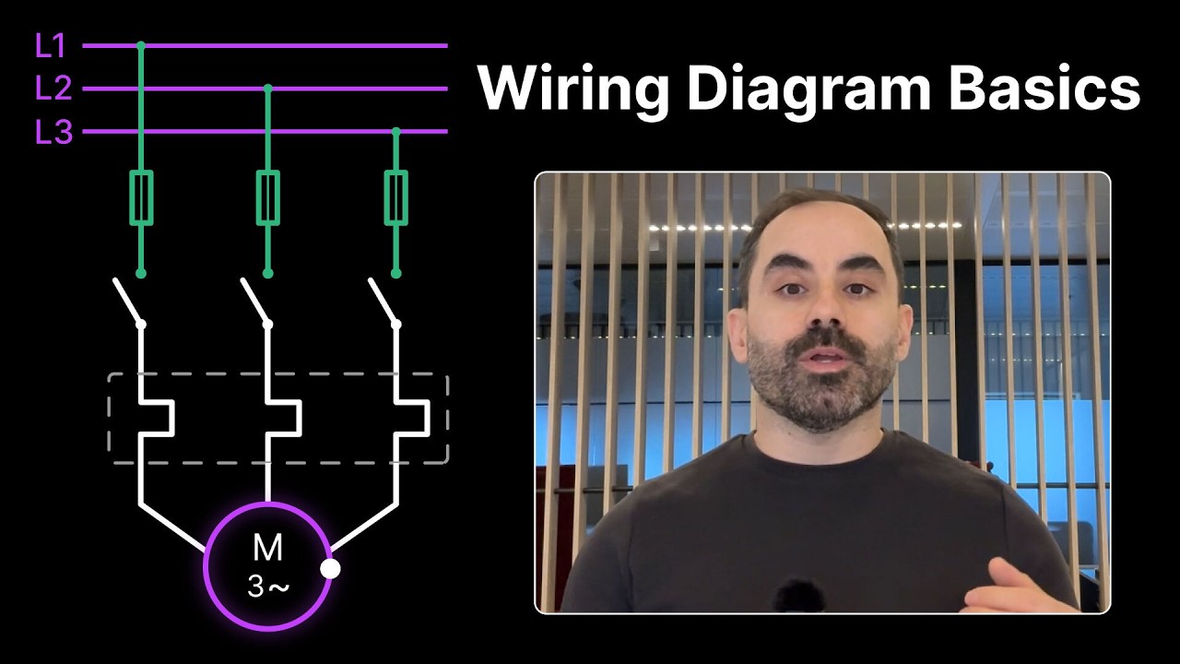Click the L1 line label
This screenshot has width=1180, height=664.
pos(50,45)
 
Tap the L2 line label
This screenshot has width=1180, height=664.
pos(53,88)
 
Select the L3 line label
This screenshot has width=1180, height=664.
pos(53,132)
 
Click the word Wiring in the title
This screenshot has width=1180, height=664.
pos(572,88)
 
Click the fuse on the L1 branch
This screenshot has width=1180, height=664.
pos(141,197)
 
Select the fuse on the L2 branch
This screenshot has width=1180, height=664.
pos(267,197)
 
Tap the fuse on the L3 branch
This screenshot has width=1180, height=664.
pos(395,197)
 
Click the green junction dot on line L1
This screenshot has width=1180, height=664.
pos(141,46)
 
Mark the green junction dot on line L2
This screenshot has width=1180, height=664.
pos(267,89)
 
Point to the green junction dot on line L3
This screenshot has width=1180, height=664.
pos(396,132)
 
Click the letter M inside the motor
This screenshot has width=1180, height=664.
pos(267,548)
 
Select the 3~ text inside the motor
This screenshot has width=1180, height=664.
pos(268,586)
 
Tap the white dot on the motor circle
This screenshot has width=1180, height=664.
pos(330,569)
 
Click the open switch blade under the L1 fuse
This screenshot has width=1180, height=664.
pos(128,302)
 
